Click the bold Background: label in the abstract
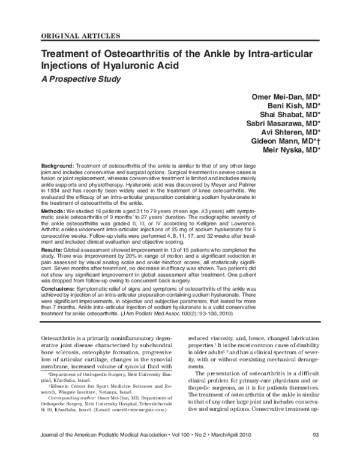58,165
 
